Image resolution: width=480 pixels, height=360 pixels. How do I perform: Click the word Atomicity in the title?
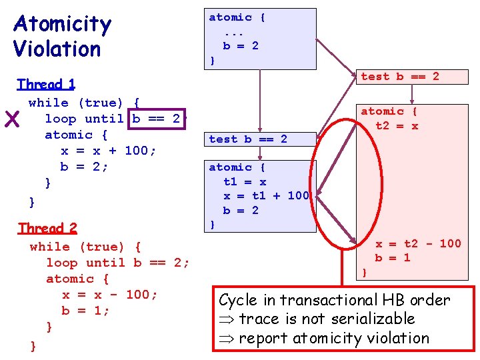click(62, 25)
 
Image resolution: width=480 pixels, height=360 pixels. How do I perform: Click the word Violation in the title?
click(57, 49)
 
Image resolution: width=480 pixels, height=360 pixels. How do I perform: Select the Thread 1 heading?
click(46, 84)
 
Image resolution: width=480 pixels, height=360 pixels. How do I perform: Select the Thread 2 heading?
click(47, 228)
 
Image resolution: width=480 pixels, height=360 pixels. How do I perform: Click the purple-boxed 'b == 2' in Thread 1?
click(156, 119)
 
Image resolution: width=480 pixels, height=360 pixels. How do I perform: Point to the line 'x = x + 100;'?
click(109, 151)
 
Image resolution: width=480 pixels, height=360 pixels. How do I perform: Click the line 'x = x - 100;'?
click(110, 295)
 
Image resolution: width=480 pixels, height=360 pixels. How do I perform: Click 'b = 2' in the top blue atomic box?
click(241, 46)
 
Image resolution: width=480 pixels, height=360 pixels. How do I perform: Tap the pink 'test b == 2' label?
click(400, 77)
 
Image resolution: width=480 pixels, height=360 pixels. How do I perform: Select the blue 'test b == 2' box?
click(248, 139)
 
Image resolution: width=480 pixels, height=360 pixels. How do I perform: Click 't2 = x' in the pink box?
click(397, 126)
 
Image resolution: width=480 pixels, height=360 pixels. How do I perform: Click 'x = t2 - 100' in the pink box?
click(418, 243)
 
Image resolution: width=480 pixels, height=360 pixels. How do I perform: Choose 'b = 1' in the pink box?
click(393, 258)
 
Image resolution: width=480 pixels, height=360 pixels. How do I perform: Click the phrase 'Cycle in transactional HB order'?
click(335, 301)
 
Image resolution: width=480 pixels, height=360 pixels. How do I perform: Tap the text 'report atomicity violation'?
click(333, 338)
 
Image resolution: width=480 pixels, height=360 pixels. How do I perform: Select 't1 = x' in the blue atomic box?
click(245, 181)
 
